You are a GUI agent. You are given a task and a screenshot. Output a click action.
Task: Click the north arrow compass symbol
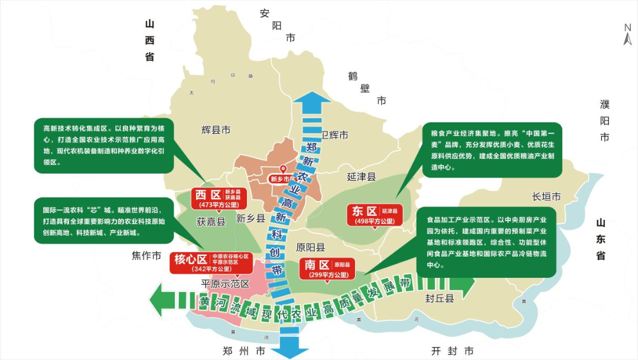[x=628, y=35]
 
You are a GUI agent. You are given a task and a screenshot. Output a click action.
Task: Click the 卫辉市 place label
[x=334, y=135]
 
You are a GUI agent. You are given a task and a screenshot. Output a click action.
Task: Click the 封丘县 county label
[x=440, y=299]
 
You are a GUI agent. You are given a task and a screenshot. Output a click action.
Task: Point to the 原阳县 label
[x=311, y=247]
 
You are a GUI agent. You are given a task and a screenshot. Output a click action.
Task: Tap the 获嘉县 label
[x=211, y=222]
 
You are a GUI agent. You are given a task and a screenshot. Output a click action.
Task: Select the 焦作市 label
[x=146, y=256]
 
